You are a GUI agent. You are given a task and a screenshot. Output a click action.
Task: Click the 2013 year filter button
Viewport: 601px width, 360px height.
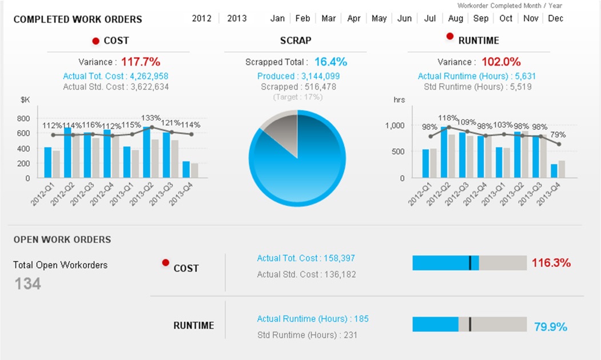coord(237,18)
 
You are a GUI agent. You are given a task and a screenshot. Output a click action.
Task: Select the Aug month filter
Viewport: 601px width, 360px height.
coord(455,18)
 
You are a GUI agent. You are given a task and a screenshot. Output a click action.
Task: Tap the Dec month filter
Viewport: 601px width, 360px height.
coord(555,18)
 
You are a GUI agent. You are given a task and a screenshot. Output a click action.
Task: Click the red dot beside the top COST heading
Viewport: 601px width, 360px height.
coord(96,41)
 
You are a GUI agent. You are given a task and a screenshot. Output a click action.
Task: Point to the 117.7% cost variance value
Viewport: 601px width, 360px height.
coord(141,62)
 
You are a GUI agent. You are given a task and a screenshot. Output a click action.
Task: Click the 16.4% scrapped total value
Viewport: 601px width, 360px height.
coord(331,62)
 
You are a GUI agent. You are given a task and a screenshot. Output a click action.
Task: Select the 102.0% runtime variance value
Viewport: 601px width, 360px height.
coord(501,62)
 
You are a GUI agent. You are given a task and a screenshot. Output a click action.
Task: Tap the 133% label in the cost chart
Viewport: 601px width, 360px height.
coord(150,118)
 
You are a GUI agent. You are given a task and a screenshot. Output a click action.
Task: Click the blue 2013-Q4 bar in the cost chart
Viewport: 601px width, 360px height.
coord(186,169)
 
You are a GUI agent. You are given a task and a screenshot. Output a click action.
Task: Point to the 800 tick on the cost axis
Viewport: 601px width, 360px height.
coord(23,118)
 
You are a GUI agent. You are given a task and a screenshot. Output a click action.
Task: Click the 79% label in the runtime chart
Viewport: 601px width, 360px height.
coord(558,134)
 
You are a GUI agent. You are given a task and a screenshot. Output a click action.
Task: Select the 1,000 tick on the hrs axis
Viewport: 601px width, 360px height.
coord(395,126)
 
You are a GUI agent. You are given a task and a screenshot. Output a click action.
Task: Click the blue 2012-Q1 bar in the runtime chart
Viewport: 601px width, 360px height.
coord(425,163)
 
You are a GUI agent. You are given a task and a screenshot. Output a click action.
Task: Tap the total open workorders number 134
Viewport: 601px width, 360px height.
coord(27,284)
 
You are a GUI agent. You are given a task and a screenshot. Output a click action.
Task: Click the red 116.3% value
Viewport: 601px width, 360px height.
coord(551,263)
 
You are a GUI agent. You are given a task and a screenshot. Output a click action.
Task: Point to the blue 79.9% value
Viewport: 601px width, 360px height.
coord(551,327)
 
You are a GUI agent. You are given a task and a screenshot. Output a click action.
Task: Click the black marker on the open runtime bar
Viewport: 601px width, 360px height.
coord(470,324)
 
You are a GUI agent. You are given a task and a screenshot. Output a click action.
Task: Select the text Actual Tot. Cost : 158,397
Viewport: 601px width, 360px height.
coord(306,258)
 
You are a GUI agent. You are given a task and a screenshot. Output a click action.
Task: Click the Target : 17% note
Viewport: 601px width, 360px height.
coord(298,97)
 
